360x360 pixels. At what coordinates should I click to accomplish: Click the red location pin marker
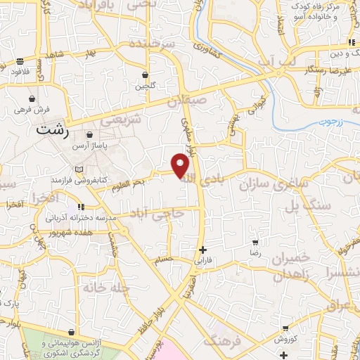click(181, 165)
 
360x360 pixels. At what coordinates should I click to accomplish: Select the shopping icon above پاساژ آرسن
click(89, 135)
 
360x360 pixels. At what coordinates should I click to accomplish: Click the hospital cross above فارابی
click(202, 250)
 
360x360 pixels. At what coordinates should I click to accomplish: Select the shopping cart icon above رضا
click(255, 241)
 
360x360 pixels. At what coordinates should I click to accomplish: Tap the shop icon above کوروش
click(285, 328)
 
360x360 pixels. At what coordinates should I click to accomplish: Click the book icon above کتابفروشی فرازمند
click(79, 169)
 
